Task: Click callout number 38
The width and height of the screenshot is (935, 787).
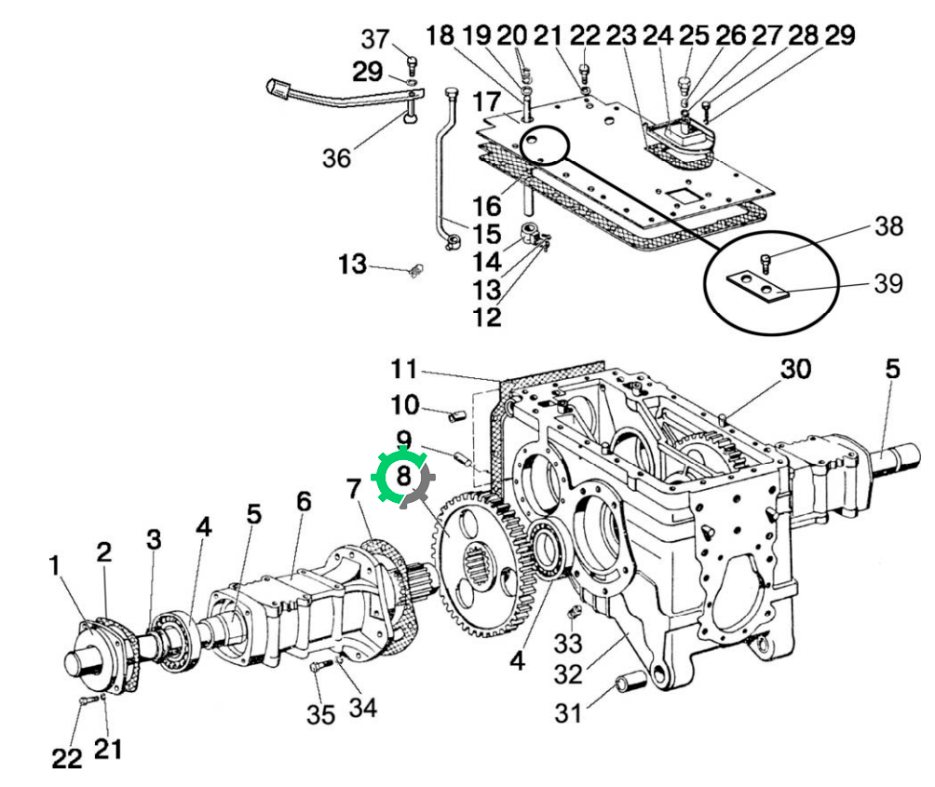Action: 888,226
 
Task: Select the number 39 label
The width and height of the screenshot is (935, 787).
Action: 888,283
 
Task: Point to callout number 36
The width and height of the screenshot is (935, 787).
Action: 336,158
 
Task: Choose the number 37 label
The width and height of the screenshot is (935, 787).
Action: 375,39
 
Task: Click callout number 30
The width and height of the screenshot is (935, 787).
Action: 795,369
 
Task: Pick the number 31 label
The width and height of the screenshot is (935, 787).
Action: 568,713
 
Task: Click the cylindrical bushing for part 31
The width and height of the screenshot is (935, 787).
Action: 630,682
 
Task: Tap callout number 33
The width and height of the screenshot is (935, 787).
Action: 568,644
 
